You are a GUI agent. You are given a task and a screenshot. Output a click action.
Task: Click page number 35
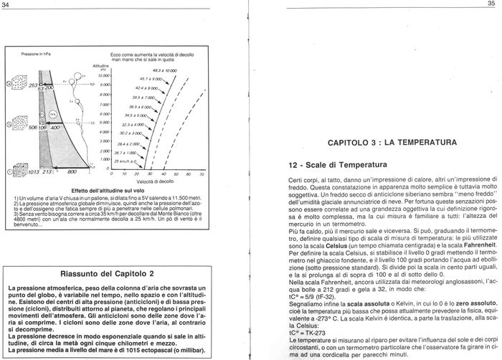coord(492,4)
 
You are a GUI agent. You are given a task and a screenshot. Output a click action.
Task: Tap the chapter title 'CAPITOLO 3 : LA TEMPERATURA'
coord(392,143)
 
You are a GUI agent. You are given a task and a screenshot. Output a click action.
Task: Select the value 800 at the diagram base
coord(71,172)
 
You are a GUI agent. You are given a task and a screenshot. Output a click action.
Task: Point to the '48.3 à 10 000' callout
coord(158,71)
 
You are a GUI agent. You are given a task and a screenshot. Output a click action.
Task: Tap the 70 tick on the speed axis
coord(202,174)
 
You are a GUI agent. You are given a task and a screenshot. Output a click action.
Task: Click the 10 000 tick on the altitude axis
coord(104,75)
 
